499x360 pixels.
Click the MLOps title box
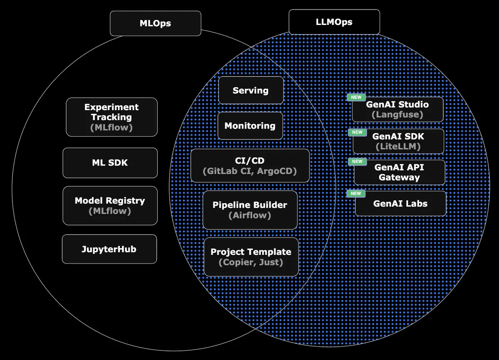click(155, 23)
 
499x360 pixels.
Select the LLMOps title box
click(334, 22)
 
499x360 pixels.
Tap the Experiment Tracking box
click(111, 117)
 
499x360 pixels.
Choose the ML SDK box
click(110, 163)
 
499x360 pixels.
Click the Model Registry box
click(110, 206)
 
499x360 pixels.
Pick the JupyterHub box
click(109, 249)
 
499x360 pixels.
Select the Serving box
click(251, 90)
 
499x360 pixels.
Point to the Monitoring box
click(250, 126)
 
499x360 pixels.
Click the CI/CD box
click(250, 165)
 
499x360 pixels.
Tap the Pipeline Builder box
click(250, 210)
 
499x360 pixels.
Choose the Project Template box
click(251, 257)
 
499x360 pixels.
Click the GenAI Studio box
click(398, 109)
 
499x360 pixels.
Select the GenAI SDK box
click(398, 141)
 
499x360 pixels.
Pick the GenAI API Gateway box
click(399, 172)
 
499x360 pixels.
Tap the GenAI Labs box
click(400, 204)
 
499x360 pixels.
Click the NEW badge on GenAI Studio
click(356, 97)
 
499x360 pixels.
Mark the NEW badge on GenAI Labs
click(356, 193)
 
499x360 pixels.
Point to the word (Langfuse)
click(397, 114)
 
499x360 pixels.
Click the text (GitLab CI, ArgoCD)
click(250, 171)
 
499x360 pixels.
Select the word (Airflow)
click(250, 215)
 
